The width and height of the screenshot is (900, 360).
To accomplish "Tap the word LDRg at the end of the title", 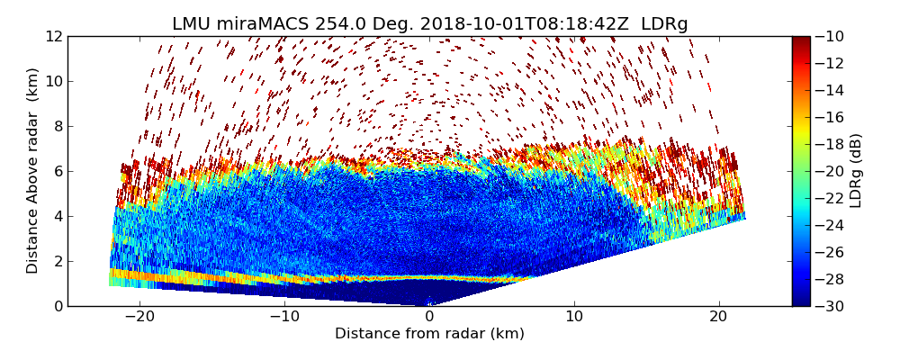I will (x=664, y=24).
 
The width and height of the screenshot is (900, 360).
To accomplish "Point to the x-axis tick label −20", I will (x=139, y=317).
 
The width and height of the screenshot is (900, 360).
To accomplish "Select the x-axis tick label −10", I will (x=284, y=317).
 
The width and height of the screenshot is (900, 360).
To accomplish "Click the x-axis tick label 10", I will (x=574, y=317).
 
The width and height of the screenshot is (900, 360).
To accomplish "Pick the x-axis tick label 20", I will (x=718, y=317).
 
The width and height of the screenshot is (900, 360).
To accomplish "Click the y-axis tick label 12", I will (x=53, y=36).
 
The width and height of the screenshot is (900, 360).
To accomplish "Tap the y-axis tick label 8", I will (x=57, y=126).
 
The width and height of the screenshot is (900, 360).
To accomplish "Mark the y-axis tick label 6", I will (x=57, y=171).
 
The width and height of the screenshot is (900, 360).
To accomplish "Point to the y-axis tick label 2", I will (x=57, y=261).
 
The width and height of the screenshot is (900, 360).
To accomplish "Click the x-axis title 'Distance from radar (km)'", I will (x=429, y=334).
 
